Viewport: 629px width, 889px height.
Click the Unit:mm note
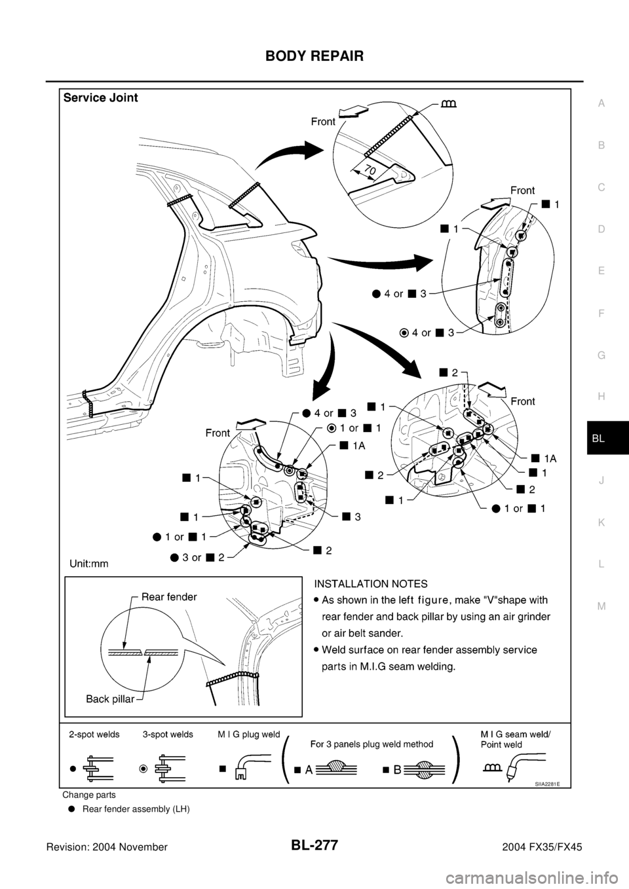pyautogui.click(x=89, y=562)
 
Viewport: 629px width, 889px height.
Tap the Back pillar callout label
pyautogui.click(x=110, y=699)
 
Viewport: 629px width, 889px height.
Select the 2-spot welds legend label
pyautogui.click(x=94, y=735)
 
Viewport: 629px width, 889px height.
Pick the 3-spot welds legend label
pyautogui.click(x=168, y=735)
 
